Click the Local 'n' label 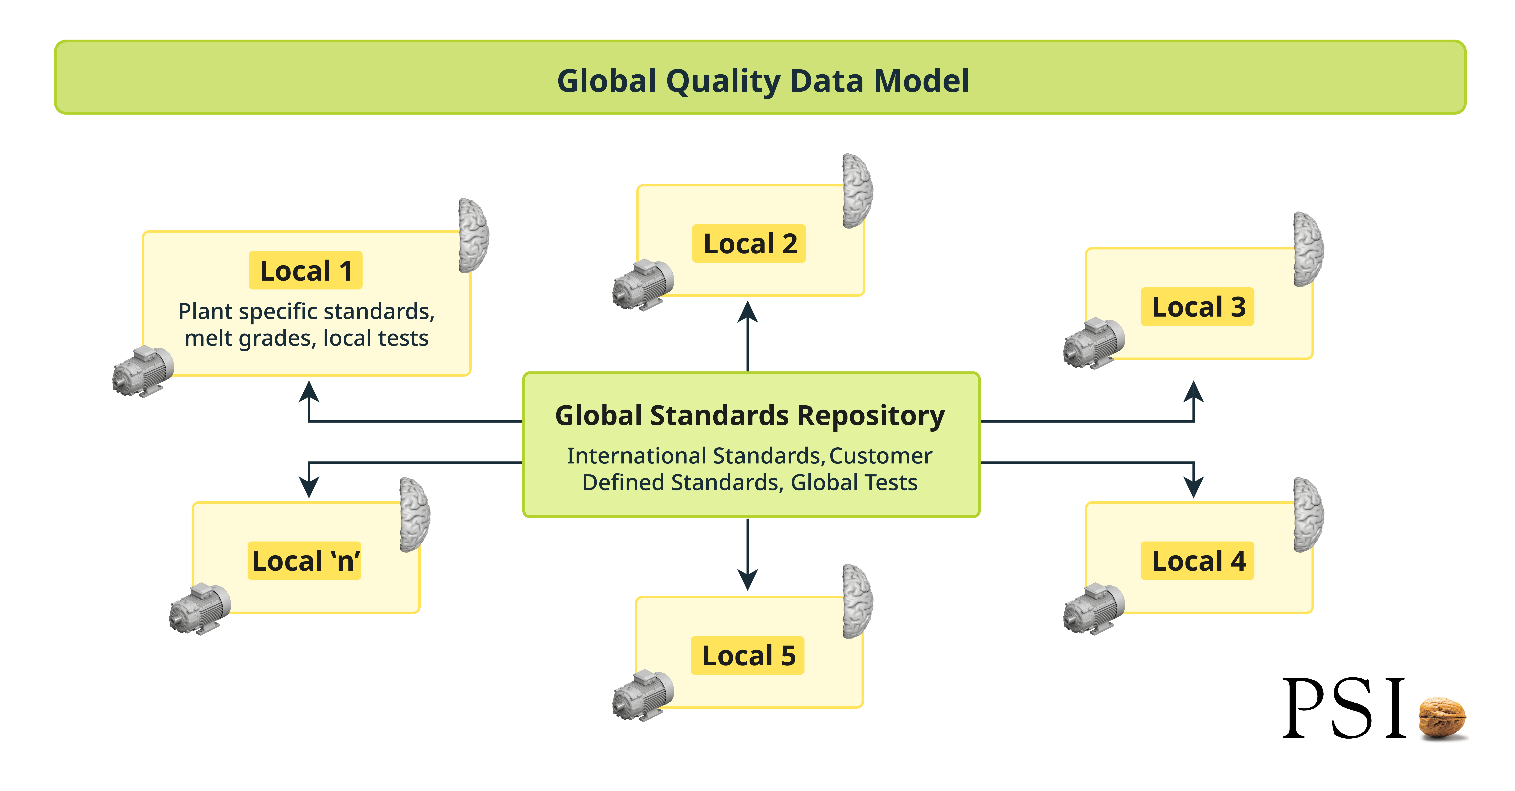point(305,561)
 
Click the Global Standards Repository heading point(750,416)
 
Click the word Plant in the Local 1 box point(205,311)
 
